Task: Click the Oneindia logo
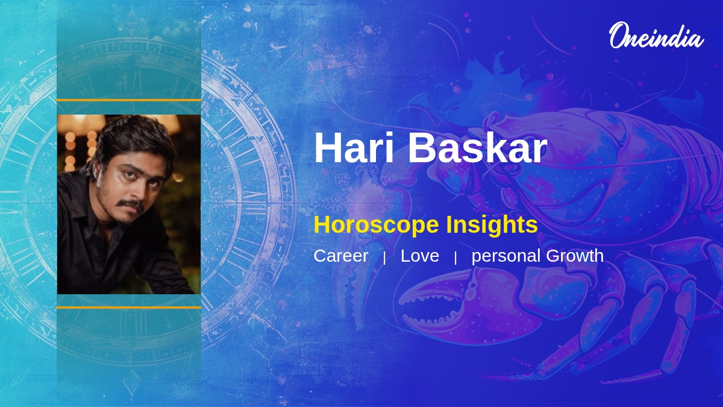click(x=657, y=36)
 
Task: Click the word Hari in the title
click(x=354, y=148)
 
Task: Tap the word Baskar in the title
click(x=478, y=148)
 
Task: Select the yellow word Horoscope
click(x=376, y=225)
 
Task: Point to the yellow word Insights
click(x=492, y=224)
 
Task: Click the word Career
click(x=341, y=256)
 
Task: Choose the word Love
click(x=420, y=256)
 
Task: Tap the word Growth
click(x=575, y=256)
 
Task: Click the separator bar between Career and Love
click(x=384, y=258)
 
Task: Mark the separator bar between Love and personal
click(x=455, y=258)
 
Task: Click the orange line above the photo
click(x=129, y=101)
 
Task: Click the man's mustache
click(x=130, y=204)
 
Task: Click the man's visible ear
click(x=98, y=176)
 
